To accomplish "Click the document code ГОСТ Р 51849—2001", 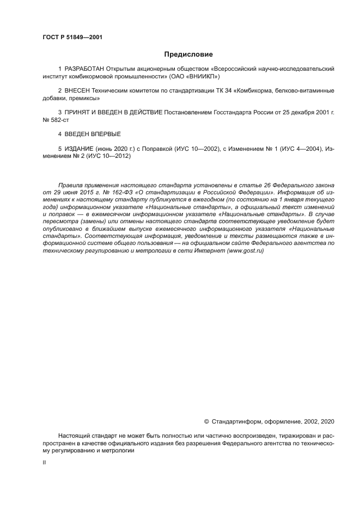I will click(72, 38).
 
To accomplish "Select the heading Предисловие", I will click(188, 54).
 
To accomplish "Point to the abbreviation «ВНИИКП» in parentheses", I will click(202, 77).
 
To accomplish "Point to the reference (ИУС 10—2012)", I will click(112, 156).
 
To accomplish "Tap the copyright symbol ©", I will click(206, 421).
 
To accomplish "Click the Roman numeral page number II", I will click(44, 462).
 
